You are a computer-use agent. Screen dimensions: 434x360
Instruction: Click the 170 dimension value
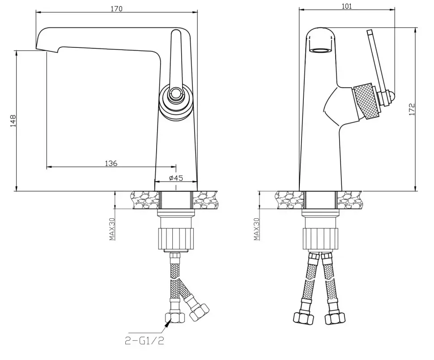116,8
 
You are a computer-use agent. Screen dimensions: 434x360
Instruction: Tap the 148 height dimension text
13,121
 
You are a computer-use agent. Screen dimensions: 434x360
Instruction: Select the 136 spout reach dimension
111,163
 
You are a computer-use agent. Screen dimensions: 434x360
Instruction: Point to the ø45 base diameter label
176,178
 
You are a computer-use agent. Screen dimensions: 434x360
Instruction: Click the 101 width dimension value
347,6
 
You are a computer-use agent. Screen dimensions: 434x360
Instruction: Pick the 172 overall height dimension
412,109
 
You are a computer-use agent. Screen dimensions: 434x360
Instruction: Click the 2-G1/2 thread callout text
144,340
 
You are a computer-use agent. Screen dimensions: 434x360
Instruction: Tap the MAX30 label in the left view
112,229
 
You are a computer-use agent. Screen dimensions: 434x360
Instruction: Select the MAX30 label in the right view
256,229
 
